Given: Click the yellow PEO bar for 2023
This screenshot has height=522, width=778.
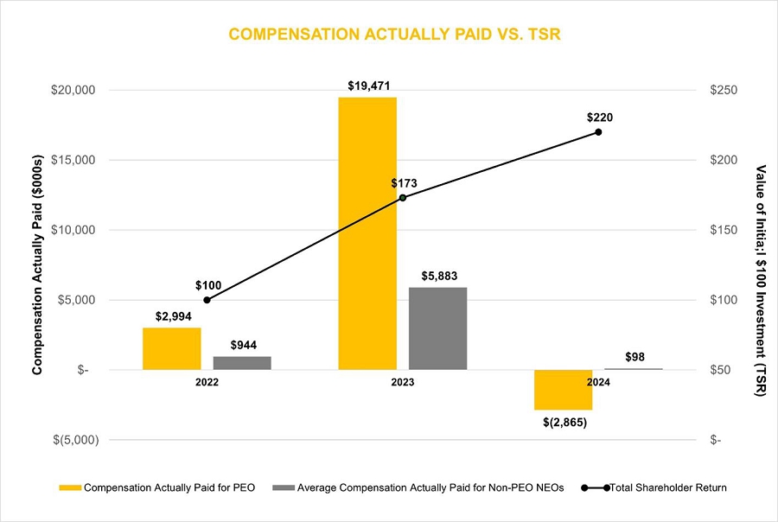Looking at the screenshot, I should click(x=367, y=233).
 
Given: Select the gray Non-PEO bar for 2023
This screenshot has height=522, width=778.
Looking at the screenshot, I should click(x=437, y=328).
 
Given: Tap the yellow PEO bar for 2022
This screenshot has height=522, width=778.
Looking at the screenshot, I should click(x=171, y=348).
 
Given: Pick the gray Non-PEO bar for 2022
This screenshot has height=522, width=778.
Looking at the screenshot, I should click(x=242, y=363).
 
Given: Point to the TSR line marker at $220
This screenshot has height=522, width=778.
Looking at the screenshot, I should click(x=598, y=131).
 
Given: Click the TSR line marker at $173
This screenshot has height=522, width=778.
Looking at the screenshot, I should click(x=402, y=198).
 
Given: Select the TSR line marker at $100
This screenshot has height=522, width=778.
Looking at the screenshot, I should click(x=207, y=300).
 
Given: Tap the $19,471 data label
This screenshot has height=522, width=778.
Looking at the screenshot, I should click(x=368, y=86).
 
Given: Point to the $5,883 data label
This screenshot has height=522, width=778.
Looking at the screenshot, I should click(x=437, y=277).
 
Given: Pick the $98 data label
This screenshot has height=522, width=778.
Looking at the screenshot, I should click(x=634, y=357).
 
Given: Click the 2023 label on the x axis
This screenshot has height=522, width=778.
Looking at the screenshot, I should click(x=402, y=381).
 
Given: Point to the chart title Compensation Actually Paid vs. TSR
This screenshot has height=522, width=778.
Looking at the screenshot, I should click(x=388, y=34).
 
